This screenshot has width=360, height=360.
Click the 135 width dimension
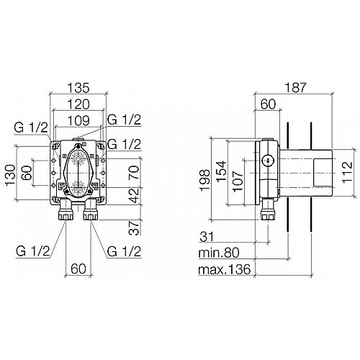point(78,88)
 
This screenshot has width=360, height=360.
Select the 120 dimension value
point(78,104)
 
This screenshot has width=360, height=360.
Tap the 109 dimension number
point(78,120)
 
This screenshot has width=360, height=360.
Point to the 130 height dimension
point(11,175)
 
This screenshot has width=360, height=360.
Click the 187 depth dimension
point(295,88)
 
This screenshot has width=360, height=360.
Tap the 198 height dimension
point(204,180)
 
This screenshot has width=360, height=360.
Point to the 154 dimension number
point(221,171)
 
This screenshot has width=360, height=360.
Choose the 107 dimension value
point(238,181)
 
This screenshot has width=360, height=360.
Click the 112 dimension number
point(347,172)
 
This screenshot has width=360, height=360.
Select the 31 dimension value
point(207,237)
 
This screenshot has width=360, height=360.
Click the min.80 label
point(219,253)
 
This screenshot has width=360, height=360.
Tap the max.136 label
point(225,269)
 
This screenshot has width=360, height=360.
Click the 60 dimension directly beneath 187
point(269,104)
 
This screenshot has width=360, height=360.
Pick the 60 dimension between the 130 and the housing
point(27,173)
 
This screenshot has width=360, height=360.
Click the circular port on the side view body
point(267,160)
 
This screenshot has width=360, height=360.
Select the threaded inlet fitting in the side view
point(268,210)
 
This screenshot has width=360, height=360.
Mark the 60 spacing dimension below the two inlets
point(78,269)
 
